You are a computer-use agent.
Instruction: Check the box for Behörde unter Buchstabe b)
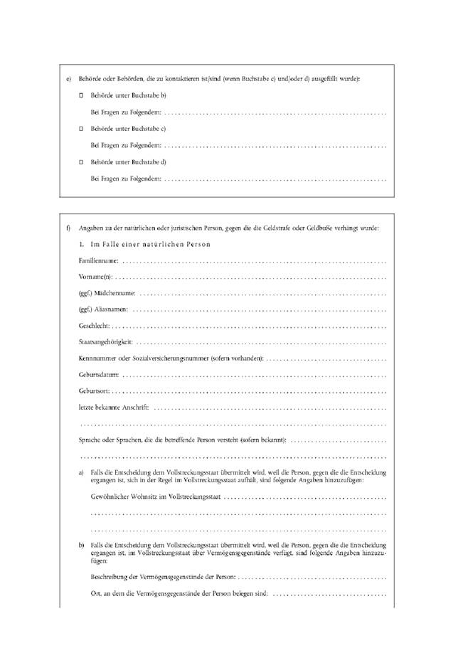(x=81, y=95)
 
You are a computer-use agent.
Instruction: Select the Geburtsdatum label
(x=99, y=374)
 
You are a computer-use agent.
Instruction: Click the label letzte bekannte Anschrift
(x=114, y=407)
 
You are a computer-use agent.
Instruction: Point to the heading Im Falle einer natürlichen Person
(x=145, y=244)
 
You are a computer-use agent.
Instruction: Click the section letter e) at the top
(x=68, y=78)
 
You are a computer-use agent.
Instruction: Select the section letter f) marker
(x=68, y=228)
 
